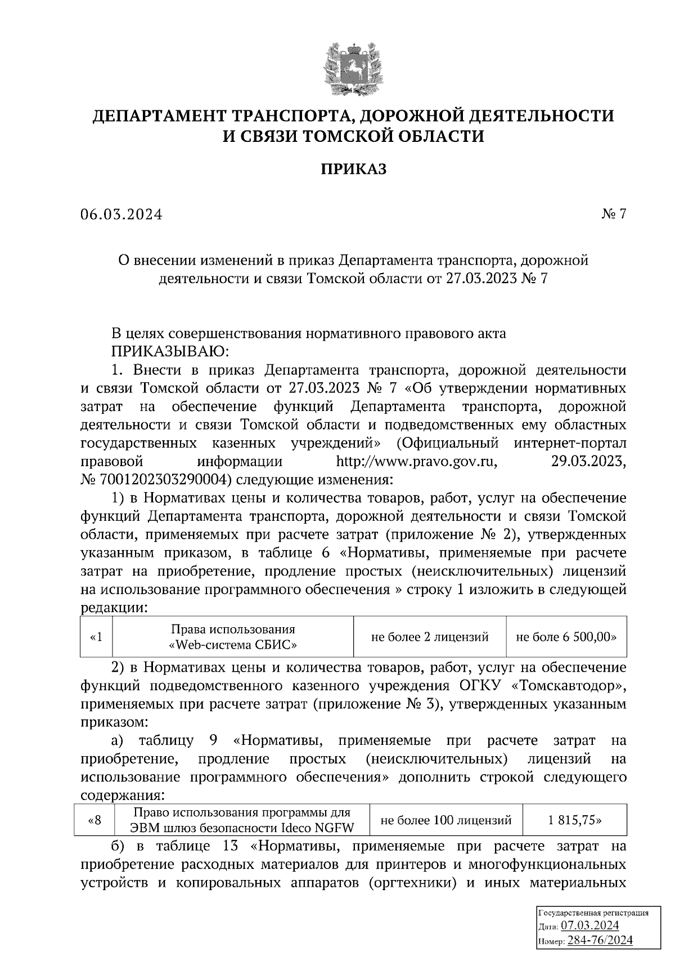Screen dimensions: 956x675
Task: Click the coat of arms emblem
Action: [353, 68]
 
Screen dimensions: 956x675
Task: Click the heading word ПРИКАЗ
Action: [353, 169]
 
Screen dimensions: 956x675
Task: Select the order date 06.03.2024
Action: [121, 215]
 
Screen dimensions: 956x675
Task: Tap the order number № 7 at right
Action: [613, 215]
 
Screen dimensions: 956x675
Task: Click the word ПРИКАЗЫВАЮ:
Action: [170, 352]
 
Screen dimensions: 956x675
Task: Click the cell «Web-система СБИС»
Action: [233, 637]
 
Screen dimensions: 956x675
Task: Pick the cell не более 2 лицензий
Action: [430, 637]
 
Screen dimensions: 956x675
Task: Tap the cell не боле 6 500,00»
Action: [566, 637]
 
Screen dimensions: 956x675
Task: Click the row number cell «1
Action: [96, 637]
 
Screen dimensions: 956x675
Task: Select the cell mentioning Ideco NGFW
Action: [241, 820]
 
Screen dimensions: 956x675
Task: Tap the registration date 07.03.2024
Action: [590, 926]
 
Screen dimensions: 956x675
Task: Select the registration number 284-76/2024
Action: [600, 940]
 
